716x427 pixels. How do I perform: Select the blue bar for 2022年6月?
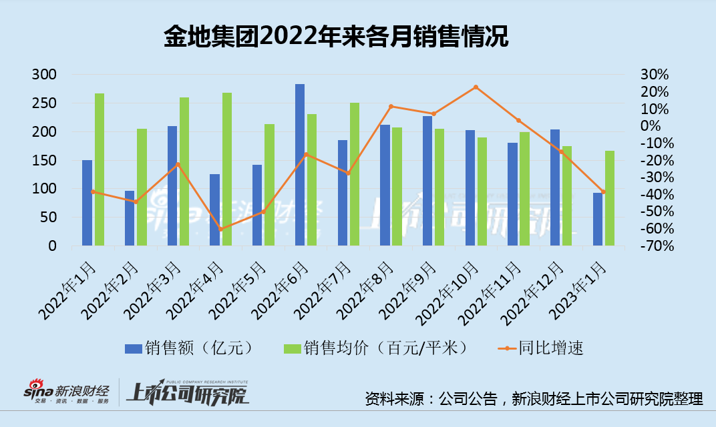300,165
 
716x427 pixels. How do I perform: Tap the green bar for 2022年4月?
227,169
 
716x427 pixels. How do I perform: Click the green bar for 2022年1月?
99,169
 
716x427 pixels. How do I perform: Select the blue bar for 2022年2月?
130,218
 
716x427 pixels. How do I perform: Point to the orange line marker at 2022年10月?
476,87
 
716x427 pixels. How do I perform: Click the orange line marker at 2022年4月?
220,229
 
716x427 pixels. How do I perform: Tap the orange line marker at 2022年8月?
391,107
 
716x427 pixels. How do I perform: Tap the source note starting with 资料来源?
534,399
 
